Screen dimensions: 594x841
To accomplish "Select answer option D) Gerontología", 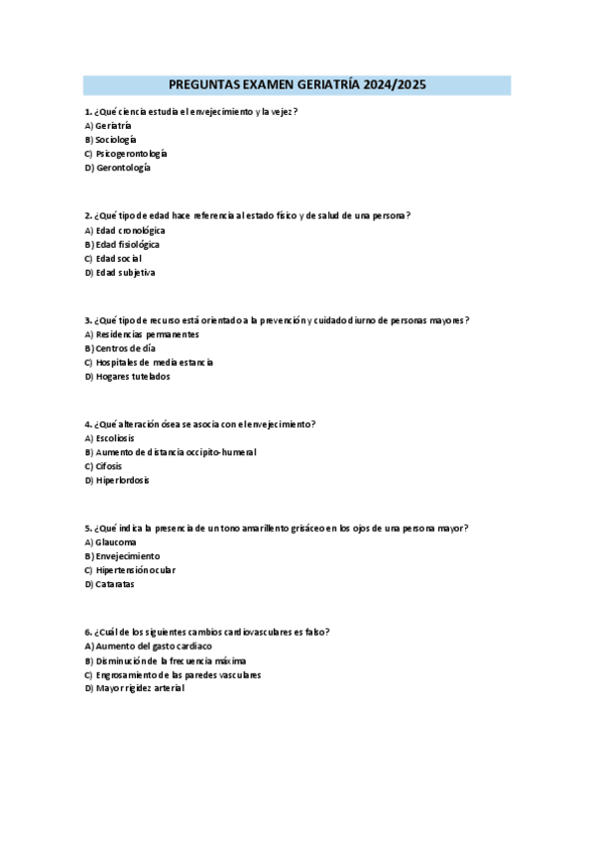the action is (x=118, y=168).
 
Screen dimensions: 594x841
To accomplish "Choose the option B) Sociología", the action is (x=111, y=140).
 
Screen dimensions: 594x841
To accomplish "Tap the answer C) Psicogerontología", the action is (x=126, y=154).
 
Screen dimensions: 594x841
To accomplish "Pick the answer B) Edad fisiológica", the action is (x=122, y=244).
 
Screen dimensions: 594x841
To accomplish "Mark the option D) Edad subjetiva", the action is (x=120, y=272).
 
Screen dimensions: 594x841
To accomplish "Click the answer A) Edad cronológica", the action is (x=125, y=230).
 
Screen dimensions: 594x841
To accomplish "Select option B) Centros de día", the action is (x=120, y=348).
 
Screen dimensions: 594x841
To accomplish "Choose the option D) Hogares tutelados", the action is (x=127, y=376).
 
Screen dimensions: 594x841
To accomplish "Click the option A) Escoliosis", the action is (x=109, y=438).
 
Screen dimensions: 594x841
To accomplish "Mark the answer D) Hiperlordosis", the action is (x=117, y=480).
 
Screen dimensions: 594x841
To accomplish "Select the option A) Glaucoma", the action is (x=110, y=542).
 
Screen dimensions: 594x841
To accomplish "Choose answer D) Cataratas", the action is (x=109, y=584).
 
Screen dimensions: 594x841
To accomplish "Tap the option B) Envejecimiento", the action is (x=122, y=556).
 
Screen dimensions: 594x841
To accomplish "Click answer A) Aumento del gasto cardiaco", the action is (x=148, y=647).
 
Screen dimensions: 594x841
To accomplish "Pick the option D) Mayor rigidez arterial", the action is (x=135, y=688).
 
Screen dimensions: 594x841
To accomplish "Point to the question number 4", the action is (x=87, y=424).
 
